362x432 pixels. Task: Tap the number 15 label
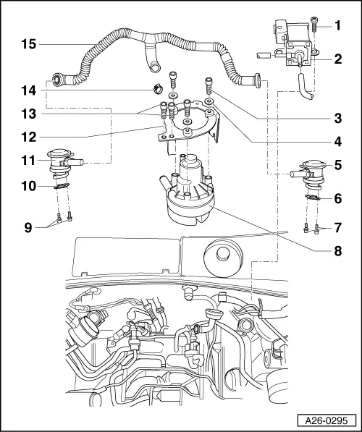click(x=27, y=45)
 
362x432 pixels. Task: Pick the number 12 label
click(x=27, y=135)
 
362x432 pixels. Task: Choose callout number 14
click(x=27, y=91)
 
